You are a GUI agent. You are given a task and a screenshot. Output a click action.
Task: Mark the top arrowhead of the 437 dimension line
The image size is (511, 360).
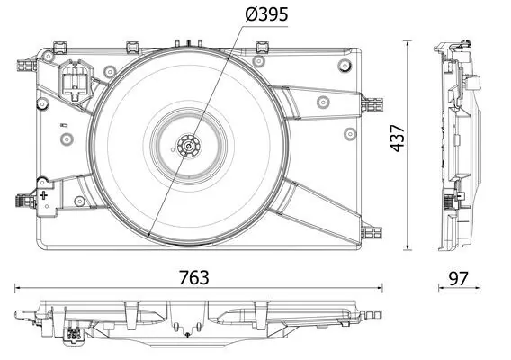[x=409, y=44]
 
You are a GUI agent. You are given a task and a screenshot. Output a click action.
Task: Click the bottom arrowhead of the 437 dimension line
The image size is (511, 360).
[x=409, y=247]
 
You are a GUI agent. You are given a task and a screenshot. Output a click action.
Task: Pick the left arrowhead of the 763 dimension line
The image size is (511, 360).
[x=18, y=288]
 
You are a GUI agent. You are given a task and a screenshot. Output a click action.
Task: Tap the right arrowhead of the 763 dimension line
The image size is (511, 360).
[x=381, y=288]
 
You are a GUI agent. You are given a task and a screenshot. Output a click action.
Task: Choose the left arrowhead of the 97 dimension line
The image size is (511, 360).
[x=442, y=288]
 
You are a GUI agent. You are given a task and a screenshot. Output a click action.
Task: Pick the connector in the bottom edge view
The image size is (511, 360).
[x=72, y=336]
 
